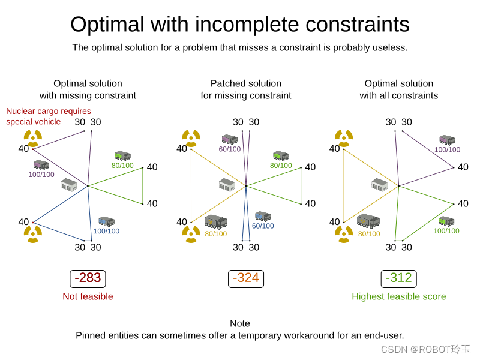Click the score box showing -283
88,278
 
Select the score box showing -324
246,278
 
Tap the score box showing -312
398,278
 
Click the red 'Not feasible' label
88,296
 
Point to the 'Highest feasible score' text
398,296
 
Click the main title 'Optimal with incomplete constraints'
240,25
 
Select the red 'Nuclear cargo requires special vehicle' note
49,116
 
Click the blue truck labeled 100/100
106,221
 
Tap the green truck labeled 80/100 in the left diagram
122,156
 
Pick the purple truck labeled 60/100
229,140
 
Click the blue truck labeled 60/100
263,216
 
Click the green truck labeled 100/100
446,221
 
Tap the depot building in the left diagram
69,185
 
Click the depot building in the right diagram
380,185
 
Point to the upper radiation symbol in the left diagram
33,137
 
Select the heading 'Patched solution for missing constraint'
246,89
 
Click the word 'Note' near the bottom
240,323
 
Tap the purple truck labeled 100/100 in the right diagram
447,140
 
